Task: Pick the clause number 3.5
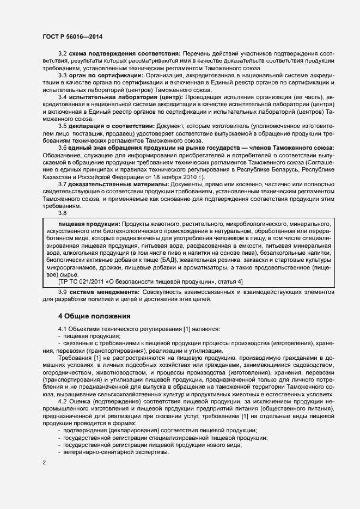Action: point(62,125)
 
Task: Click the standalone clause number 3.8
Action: point(63,213)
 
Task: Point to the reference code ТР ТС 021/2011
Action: point(87,281)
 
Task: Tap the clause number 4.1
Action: point(63,329)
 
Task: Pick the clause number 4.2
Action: point(63,401)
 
